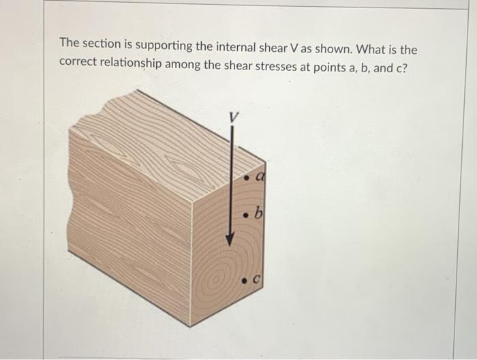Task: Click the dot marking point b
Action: (247, 216)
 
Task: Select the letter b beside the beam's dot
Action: (259, 215)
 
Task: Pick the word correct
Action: (79, 61)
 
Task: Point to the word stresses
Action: (294, 61)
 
